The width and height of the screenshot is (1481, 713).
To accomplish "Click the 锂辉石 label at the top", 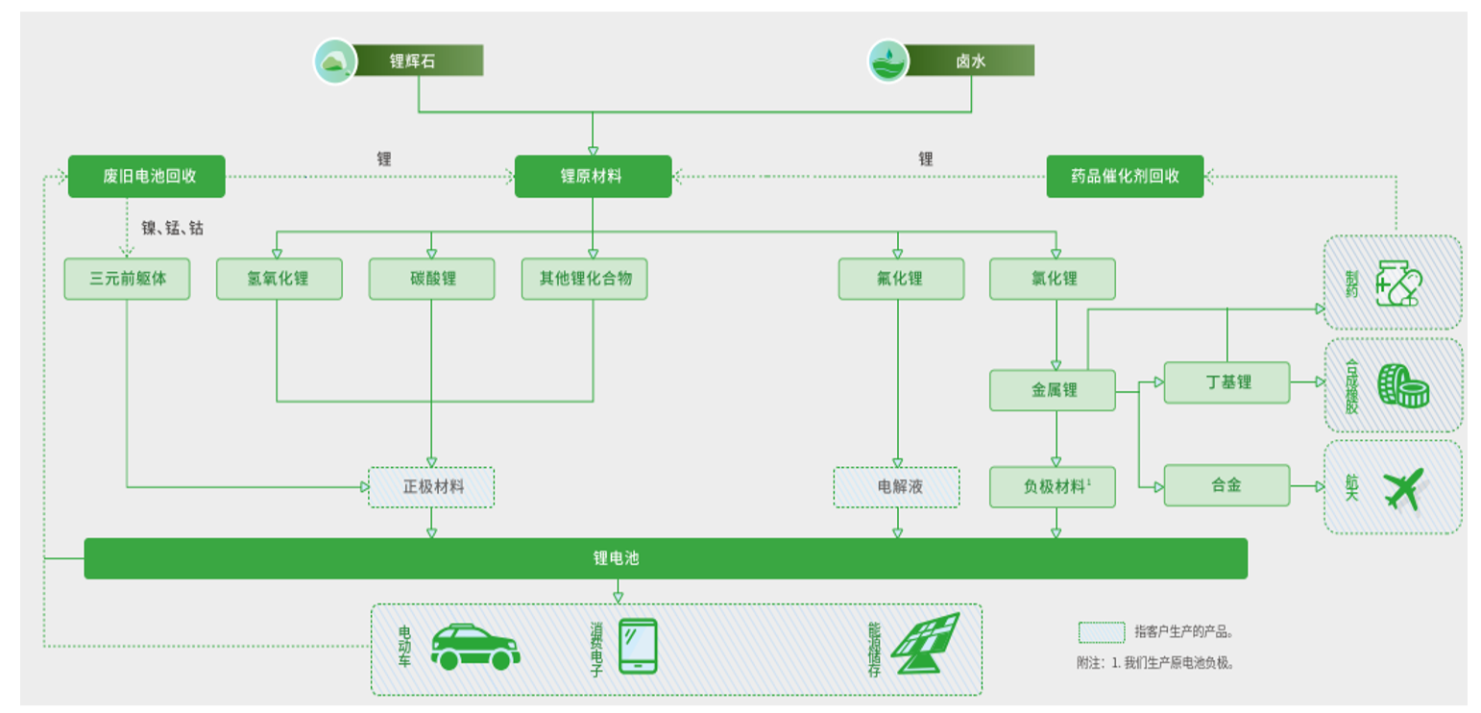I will point(413,61).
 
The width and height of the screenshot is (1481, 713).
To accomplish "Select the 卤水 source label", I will point(970,61).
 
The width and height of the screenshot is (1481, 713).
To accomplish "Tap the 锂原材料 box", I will point(592,177).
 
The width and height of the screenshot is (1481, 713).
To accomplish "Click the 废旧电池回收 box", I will point(146,177).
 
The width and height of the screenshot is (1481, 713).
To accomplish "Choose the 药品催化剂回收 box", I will point(1124,177).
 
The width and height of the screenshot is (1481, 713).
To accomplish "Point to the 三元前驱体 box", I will point(127,279).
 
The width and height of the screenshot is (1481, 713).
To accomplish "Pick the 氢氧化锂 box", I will point(279,279).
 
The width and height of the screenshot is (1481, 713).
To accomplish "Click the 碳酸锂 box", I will point(431,279).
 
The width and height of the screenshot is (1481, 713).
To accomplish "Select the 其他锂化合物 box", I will point(584,279).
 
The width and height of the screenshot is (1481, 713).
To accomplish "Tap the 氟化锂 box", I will point(900,279).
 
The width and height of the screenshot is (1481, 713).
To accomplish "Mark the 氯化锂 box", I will point(1053,279).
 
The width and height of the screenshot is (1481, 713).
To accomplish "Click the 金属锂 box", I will point(1053,390).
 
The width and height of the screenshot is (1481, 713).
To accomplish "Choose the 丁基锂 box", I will point(1226,382).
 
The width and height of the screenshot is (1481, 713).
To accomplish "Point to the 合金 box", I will point(1226,485).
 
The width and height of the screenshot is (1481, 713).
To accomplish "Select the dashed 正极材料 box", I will point(431,487).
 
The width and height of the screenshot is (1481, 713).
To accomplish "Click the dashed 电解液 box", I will point(896,487).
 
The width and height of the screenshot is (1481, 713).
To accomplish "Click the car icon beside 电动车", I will point(474,647).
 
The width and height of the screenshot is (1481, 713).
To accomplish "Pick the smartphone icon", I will point(638,646).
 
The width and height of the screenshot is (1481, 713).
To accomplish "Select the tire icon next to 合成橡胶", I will point(1403,384).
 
